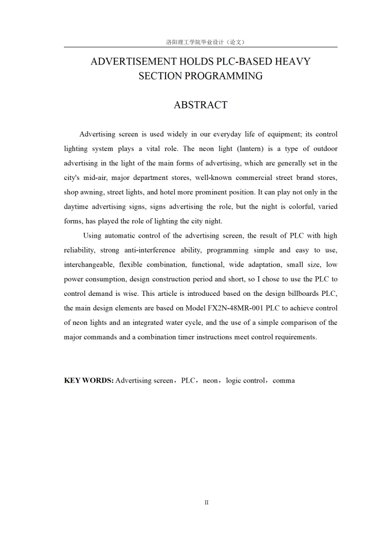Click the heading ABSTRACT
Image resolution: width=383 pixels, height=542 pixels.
pyautogui.click(x=200, y=105)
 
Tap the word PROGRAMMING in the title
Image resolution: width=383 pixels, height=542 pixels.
pyautogui.click(x=230, y=76)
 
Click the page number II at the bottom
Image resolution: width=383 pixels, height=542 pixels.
pyautogui.click(x=206, y=502)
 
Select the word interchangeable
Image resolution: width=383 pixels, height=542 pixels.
pyautogui.click(x=88, y=264)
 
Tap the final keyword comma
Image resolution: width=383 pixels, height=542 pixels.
pyautogui.click(x=284, y=380)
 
